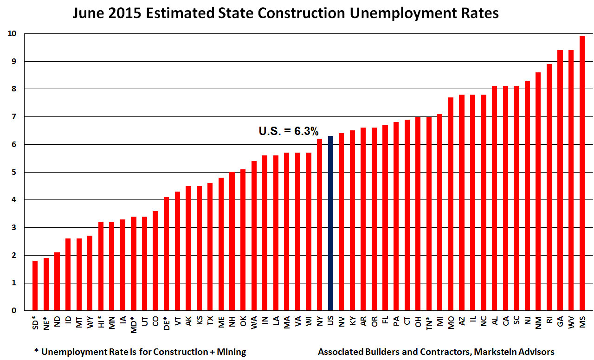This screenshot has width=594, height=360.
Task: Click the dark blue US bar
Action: pyautogui.click(x=330, y=223)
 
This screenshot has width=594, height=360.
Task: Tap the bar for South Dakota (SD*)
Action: pyautogui.click(x=35, y=285)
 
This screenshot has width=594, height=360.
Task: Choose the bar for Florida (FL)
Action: pyautogui.click(x=385, y=218)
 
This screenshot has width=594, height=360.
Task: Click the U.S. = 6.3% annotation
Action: pyautogui.click(x=288, y=131)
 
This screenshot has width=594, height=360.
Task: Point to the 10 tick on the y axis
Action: pyautogui.click(x=12, y=34)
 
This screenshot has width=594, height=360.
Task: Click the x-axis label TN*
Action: pyautogui.click(x=428, y=321)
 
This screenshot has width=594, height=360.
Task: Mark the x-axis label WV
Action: pyautogui.click(x=571, y=321)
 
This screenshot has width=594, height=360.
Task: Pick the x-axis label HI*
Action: pyautogui.click(x=101, y=321)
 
